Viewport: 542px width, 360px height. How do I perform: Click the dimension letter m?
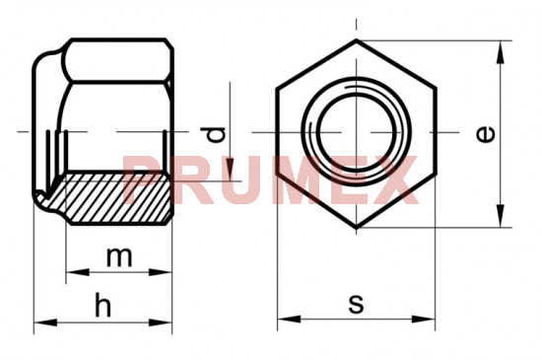(x=119, y=257)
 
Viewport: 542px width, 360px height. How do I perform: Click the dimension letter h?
(x=103, y=305)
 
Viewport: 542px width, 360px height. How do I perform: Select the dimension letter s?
(x=356, y=304)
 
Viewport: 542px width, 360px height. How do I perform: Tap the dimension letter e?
(x=485, y=134)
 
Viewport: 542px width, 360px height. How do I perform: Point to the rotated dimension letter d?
(x=213, y=135)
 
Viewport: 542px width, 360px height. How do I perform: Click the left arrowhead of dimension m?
(x=78, y=272)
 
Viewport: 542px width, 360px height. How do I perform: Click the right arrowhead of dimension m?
(x=161, y=272)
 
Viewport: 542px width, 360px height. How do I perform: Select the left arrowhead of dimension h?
(x=45, y=323)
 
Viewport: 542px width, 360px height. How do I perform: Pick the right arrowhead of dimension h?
(x=161, y=323)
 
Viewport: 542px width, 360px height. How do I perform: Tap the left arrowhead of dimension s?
(x=289, y=319)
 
